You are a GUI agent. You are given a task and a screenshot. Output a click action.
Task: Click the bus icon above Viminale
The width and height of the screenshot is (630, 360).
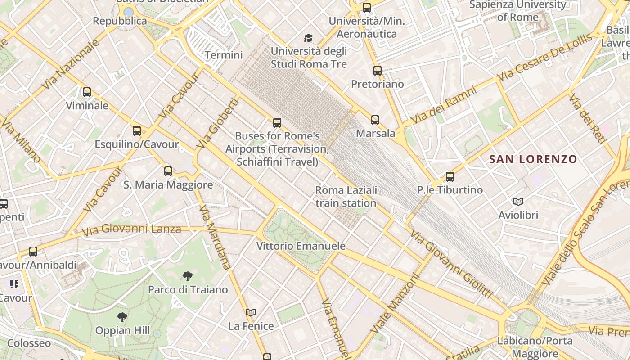point(87,92)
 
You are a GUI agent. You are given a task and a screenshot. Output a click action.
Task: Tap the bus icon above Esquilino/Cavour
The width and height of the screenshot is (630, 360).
point(137,131)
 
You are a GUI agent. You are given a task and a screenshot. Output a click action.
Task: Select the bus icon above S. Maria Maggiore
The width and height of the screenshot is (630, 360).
point(168,171)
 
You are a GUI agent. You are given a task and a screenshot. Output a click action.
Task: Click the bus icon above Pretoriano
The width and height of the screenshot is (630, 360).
point(378,71)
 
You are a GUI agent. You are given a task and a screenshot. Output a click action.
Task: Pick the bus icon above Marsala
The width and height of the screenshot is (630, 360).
point(375,120)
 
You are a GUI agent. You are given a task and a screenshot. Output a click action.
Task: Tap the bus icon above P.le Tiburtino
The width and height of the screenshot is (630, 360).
point(450,177)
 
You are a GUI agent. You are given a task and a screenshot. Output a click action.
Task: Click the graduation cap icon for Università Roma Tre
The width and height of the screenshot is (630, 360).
point(308,38)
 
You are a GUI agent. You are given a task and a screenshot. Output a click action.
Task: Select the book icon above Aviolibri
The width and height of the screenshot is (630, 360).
point(518,202)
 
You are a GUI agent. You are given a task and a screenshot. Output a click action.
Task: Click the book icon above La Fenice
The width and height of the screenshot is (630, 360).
point(251,312)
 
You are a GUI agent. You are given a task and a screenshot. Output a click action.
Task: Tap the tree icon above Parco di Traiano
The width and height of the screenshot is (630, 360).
point(188,276)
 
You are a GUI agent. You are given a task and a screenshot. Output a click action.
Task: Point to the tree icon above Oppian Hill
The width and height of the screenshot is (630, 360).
point(122,317)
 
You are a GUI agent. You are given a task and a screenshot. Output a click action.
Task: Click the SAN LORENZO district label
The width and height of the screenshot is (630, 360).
point(533,159)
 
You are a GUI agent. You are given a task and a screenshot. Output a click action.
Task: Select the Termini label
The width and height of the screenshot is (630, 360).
point(224,55)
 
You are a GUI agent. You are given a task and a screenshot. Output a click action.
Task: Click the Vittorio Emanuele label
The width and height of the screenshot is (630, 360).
point(301,246)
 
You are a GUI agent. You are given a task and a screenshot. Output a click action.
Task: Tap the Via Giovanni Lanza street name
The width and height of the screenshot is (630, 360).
point(131,229)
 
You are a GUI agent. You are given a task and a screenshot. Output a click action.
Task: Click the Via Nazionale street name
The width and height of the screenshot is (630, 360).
point(70,64)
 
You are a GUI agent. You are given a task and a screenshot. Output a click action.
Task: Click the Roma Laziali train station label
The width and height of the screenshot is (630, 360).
point(346,197)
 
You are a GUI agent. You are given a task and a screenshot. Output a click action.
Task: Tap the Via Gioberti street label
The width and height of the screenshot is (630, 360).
point(217,124)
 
